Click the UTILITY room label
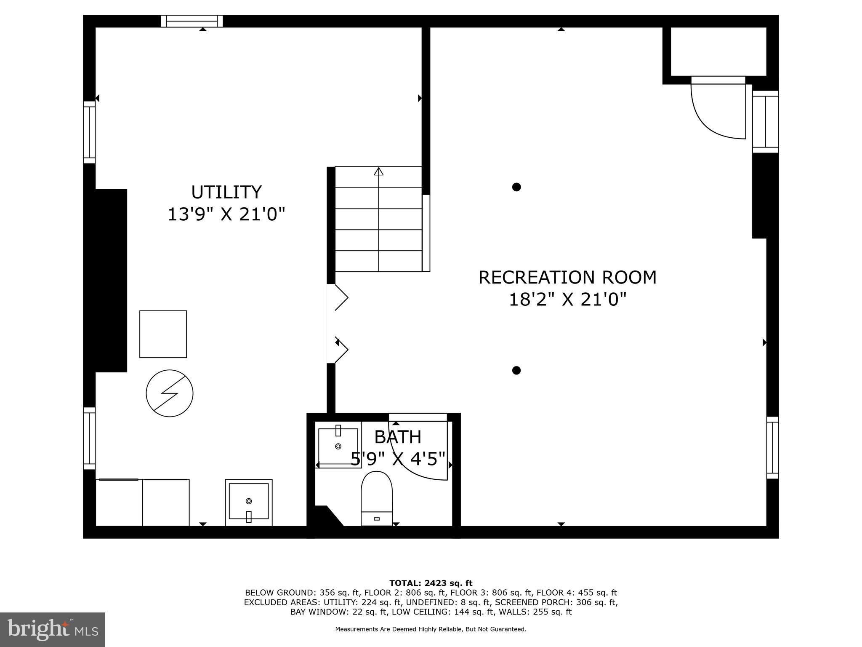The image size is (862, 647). pyautogui.click(x=226, y=192)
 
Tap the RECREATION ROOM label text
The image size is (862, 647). pyautogui.click(x=567, y=278)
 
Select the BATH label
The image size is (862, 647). pyautogui.click(x=397, y=437)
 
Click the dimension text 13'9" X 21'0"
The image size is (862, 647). pyautogui.click(x=226, y=214)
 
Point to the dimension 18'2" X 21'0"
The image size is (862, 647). pyautogui.click(x=567, y=300)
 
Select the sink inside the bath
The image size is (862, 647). pyautogui.click(x=338, y=446)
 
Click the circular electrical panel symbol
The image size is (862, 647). pyautogui.click(x=170, y=393)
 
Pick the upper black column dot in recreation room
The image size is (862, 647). pyautogui.click(x=516, y=187)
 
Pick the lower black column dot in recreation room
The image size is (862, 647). pyautogui.click(x=516, y=370)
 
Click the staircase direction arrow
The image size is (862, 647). pyautogui.click(x=379, y=172)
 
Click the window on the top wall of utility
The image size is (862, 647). pyautogui.click(x=192, y=21)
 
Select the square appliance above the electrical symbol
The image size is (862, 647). pyautogui.click(x=163, y=334)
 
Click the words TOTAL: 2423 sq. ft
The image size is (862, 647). pyautogui.click(x=431, y=583)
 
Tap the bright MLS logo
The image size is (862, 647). pyautogui.click(x=52, y=629)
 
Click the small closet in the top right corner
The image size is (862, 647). pyautogui.click(x=718, y=51)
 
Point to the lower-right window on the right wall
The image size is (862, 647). pyautogui.click(x=772, y=447)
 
